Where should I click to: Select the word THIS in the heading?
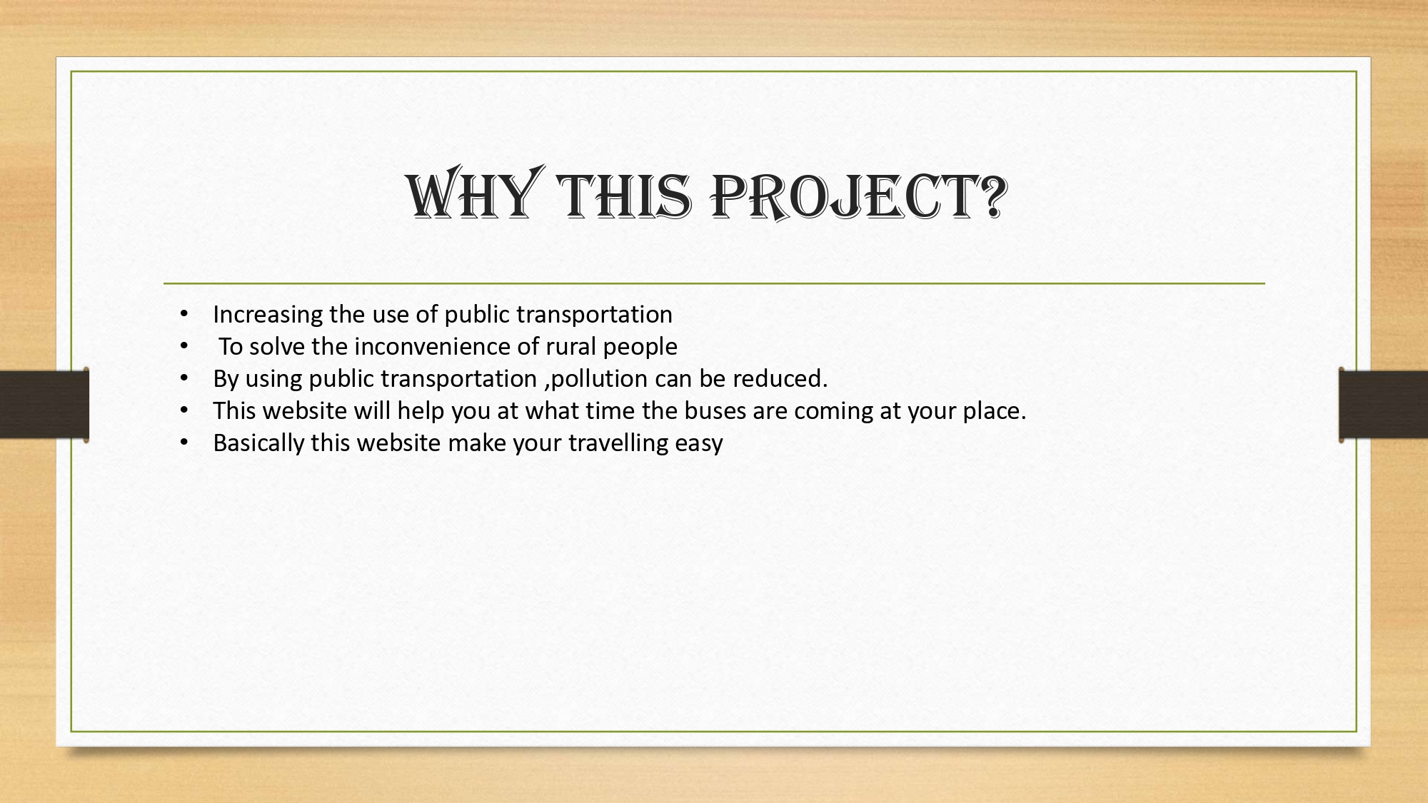coord(625,196)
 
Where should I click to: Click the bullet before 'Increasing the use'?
coord(184,314)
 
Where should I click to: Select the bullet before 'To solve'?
coord(184,346)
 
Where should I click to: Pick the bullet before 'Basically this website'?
coord(184,443)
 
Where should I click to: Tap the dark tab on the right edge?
coord(1383,405)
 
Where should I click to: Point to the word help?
coord(421,411)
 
